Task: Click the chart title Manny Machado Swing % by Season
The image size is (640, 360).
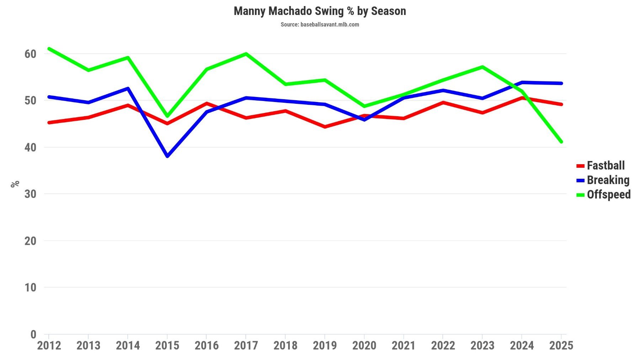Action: (320, 11)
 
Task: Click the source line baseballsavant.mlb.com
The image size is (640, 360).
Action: (320, 25)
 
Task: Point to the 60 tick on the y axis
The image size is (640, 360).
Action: (30, 54)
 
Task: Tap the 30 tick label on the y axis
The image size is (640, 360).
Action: (30, 194)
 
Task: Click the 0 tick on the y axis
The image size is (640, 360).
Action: (33, 334)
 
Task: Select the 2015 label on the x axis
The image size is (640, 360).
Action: (167, 345)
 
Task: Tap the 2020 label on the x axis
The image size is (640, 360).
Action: (364, 345)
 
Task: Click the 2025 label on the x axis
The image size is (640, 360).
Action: (561, 345)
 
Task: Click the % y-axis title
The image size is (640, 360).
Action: (15, 184)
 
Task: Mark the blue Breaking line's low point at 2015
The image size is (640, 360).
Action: (167, 156)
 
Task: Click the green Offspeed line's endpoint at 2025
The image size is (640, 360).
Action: (561, 142)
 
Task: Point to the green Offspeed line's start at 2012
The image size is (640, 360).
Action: (49, 49)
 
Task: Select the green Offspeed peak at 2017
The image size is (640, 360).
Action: (246, 54)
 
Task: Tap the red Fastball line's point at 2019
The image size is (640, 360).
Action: (325, 127)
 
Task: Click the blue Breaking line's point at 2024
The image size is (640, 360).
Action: (522, 82)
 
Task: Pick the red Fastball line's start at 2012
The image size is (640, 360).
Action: (49, 123)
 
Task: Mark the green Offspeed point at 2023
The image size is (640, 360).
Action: (482, 67)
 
